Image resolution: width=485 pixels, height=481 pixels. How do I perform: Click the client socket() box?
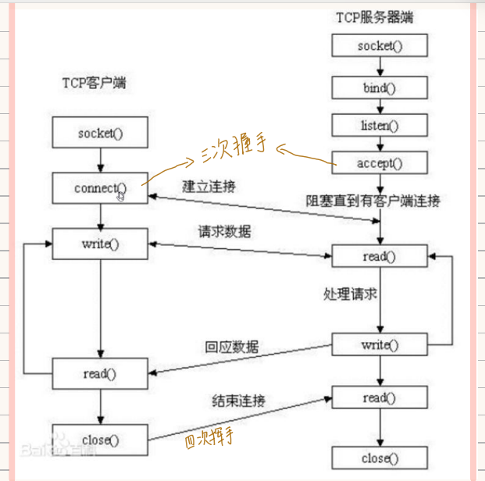click(x=100, y=134)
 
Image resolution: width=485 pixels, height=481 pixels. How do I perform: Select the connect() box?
click(x=100, y=189)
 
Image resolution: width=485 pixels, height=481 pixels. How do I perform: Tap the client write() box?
click(x=100, y=244)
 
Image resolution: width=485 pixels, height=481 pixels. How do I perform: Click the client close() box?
click(x=100, y=440)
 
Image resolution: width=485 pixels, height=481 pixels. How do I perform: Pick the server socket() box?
click(x=380, y=45)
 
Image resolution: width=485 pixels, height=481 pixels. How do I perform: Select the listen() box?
click(x=380, y=125)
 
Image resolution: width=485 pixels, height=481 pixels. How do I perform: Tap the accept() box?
click(x=380, y=164)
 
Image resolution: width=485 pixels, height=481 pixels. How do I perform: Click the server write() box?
click(x=380, y=344)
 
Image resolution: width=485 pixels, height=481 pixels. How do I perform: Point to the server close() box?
click(x=380, y=458)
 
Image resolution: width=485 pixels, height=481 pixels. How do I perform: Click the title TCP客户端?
click(x=95, y=83)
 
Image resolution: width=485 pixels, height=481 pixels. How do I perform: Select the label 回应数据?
click(x=231, y=347)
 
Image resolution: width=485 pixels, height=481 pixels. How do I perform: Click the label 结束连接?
click(x=237, y=401)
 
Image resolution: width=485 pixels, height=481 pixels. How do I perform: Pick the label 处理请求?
click(x=350, y=294)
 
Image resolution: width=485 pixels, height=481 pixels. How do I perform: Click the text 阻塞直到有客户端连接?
click(x=373, y=201)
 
